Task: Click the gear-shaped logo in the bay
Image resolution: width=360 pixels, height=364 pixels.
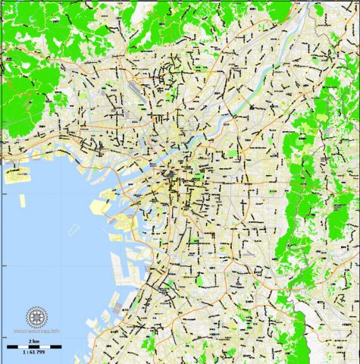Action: point(37,318)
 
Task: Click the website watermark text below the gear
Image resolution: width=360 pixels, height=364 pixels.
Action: point(37,332)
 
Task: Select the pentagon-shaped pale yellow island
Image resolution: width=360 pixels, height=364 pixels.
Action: point(99,206)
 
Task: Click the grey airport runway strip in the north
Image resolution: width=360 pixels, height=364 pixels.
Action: point(133,86)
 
